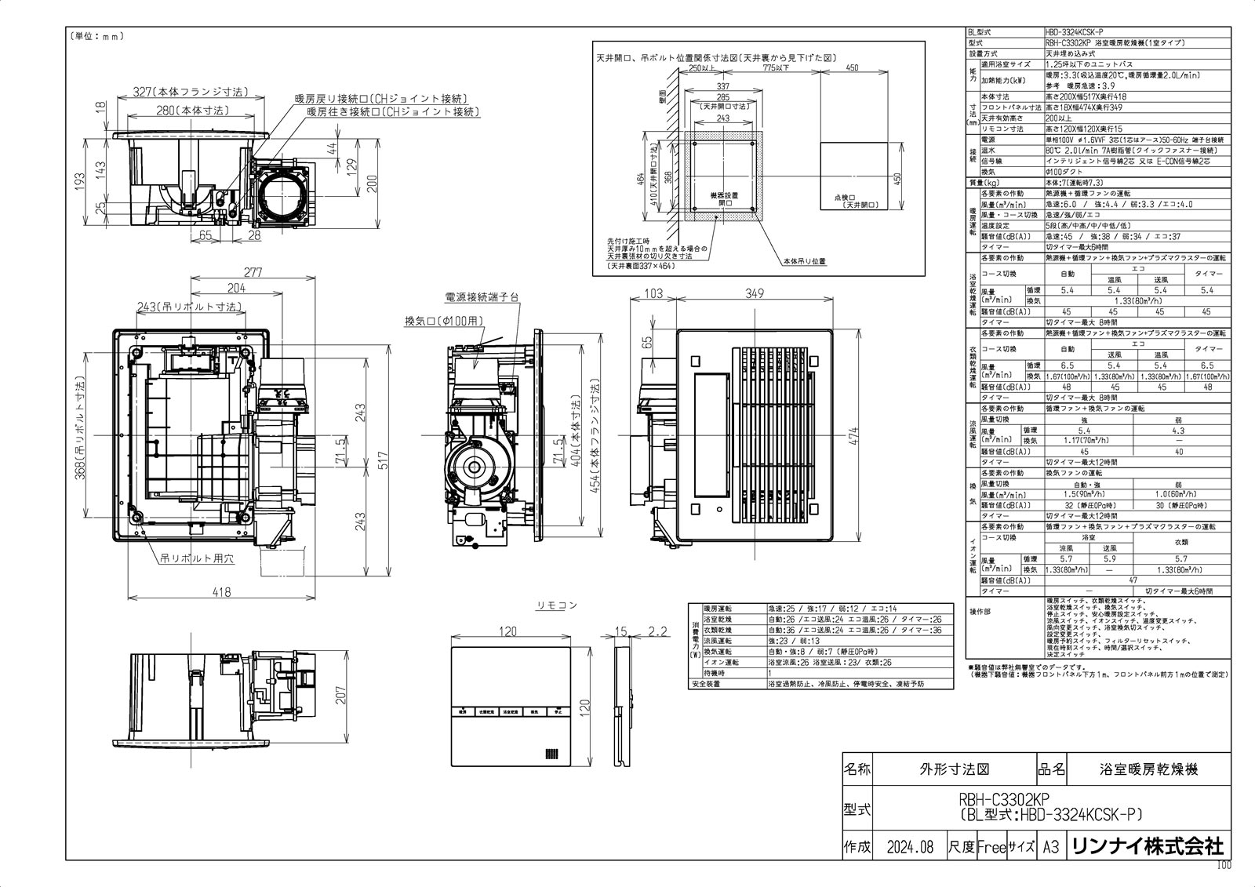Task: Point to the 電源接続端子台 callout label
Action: (x=482, y=297)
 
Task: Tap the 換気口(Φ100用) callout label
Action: (x=444, y=321)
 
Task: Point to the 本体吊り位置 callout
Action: (x=805, y=260)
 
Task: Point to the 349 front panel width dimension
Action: (x=754, y=294)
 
